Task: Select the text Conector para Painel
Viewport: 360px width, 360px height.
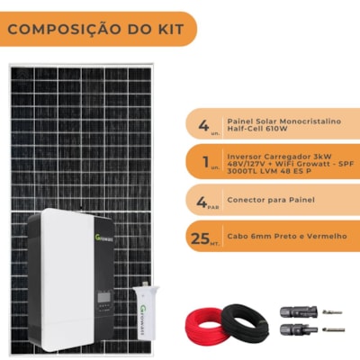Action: coord(267,198)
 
